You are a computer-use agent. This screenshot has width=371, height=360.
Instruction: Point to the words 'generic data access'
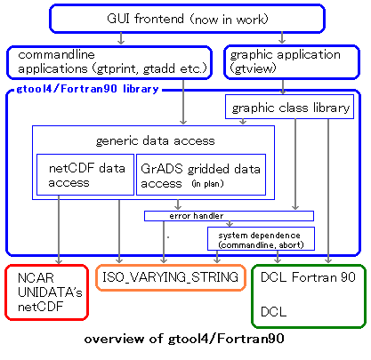[x=156, y=140]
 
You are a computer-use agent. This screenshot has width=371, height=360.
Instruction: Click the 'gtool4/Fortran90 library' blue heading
[x=87, y=89]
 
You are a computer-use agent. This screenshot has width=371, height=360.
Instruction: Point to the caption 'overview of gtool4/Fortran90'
[x=184, y=339]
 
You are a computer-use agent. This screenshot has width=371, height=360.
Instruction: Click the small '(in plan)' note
[x=207, y=184]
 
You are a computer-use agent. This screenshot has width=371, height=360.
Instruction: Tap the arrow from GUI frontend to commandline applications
[x=121, y=38]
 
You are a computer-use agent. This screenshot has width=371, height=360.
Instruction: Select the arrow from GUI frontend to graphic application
[x=282, y=38]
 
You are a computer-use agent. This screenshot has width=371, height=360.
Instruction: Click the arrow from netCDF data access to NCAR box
[x=59, y=229]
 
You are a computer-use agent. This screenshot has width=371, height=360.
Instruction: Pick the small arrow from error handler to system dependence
[x=230, y=224]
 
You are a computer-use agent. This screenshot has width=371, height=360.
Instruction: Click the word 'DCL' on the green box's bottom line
[x=274, y=312]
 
